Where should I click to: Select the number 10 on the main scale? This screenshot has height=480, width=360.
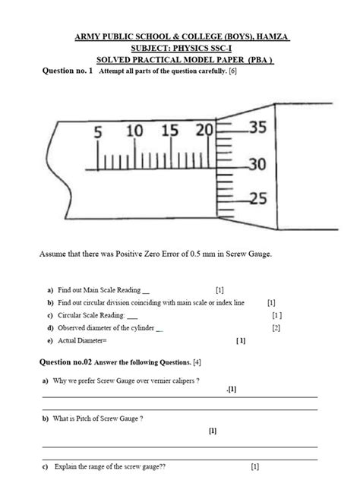pos(134,131)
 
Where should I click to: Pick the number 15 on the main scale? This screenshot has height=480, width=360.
pos(169,131)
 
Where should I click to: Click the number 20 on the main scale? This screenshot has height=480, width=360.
pos(204,131)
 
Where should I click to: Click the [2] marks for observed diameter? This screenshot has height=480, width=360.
pos(276,328)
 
